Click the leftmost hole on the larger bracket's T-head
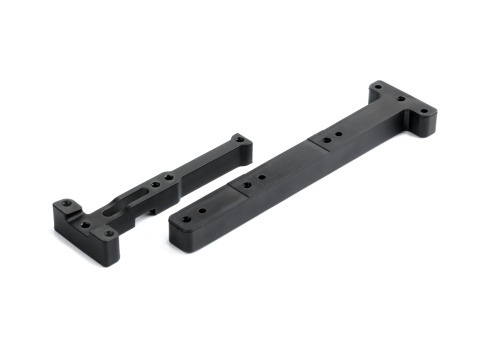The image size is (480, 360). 377,87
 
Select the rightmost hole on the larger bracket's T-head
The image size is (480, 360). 425,110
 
